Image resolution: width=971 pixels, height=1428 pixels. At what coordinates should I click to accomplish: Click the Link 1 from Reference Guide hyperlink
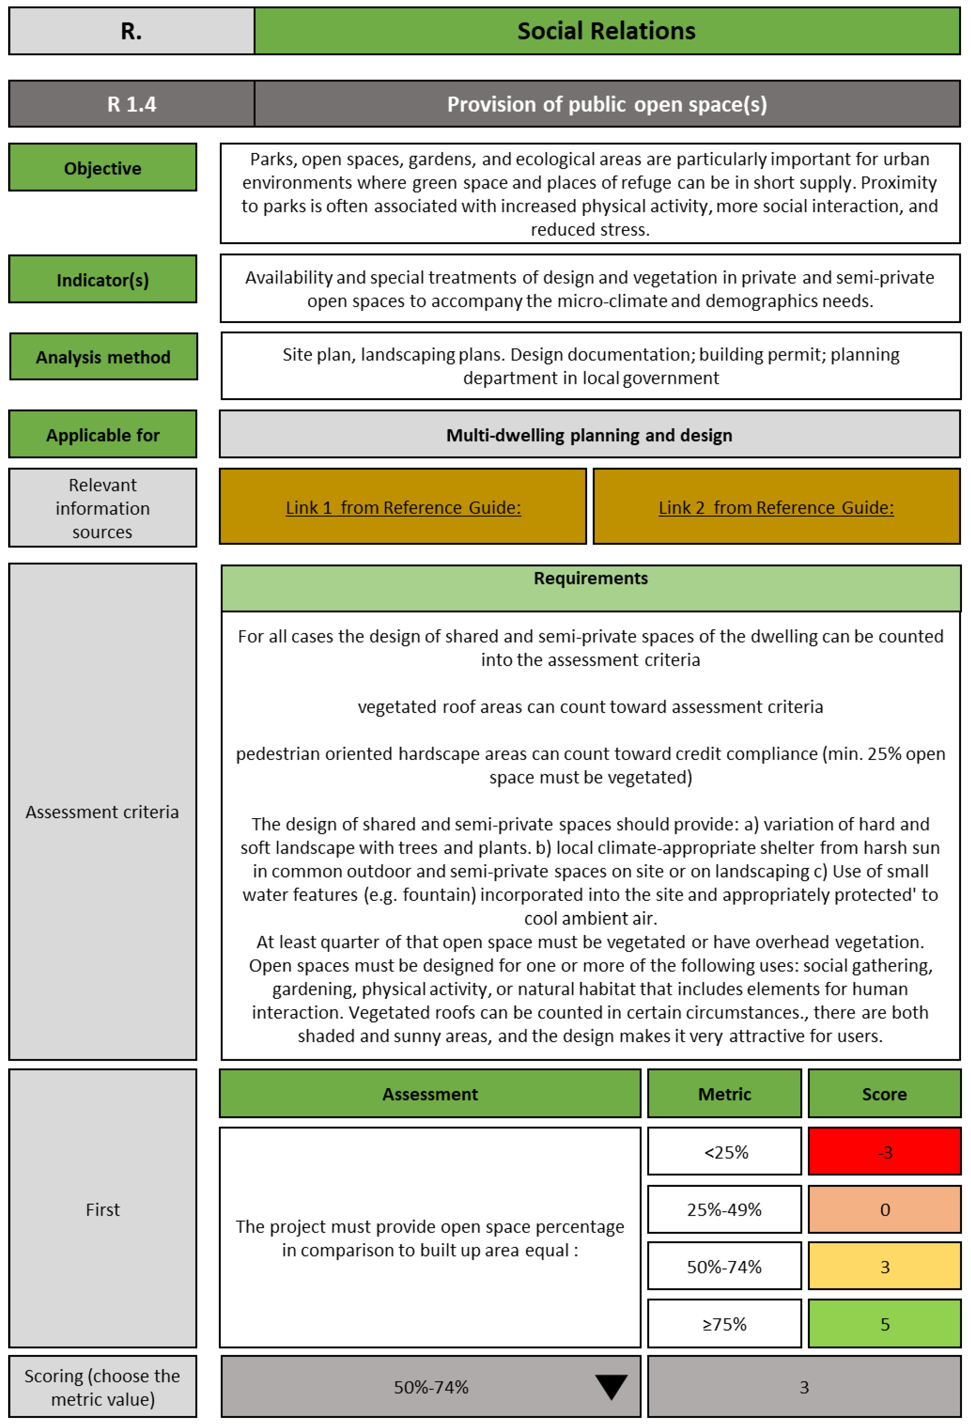coord(403,508)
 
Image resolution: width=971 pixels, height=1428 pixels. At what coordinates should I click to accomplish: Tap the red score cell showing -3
coord(884,1152)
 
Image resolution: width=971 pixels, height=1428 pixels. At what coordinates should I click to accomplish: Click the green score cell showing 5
coord(884,1324)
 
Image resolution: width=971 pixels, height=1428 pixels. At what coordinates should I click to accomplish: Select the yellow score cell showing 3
coord(884,1267)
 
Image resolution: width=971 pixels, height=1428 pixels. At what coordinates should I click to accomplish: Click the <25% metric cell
coord(725,1152)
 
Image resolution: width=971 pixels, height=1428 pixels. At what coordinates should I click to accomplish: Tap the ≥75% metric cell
coord(725,1324)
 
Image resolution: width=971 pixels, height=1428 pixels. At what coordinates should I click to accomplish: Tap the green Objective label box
coord(103,168)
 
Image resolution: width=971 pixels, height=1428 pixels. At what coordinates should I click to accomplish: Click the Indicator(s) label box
coord(103,280)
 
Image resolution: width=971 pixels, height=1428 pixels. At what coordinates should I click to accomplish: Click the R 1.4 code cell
coord(132,104)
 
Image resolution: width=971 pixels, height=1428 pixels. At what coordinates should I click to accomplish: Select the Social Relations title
coord(607,31)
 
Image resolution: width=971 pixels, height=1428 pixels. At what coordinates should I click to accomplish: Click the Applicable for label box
coord(103,435)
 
